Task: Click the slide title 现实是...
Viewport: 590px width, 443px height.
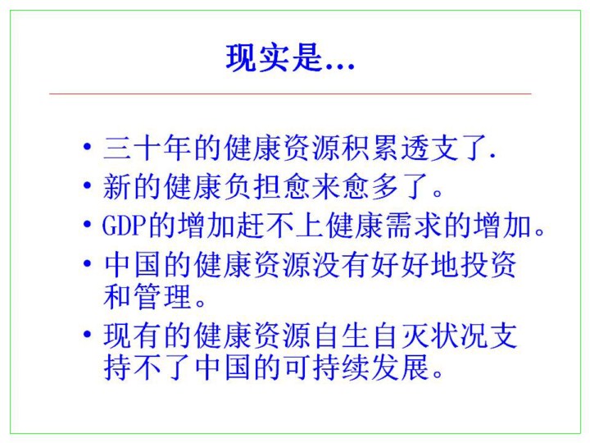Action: pos(275,58)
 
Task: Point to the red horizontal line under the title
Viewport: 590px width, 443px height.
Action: pos(290,94)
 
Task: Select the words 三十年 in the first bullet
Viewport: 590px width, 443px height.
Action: pos(147,148)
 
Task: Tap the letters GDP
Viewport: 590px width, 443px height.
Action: pos(125,226)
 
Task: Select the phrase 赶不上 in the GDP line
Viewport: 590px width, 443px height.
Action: pos(281,226)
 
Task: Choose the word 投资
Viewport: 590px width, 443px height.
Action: pos(488,264)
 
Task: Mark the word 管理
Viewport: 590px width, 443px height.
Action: pos(162,297)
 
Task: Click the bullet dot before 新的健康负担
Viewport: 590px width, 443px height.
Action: pos(88,185)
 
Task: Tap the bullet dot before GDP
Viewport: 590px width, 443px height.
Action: pos(88,225)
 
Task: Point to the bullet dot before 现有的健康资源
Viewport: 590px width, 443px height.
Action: pos(88,334)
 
